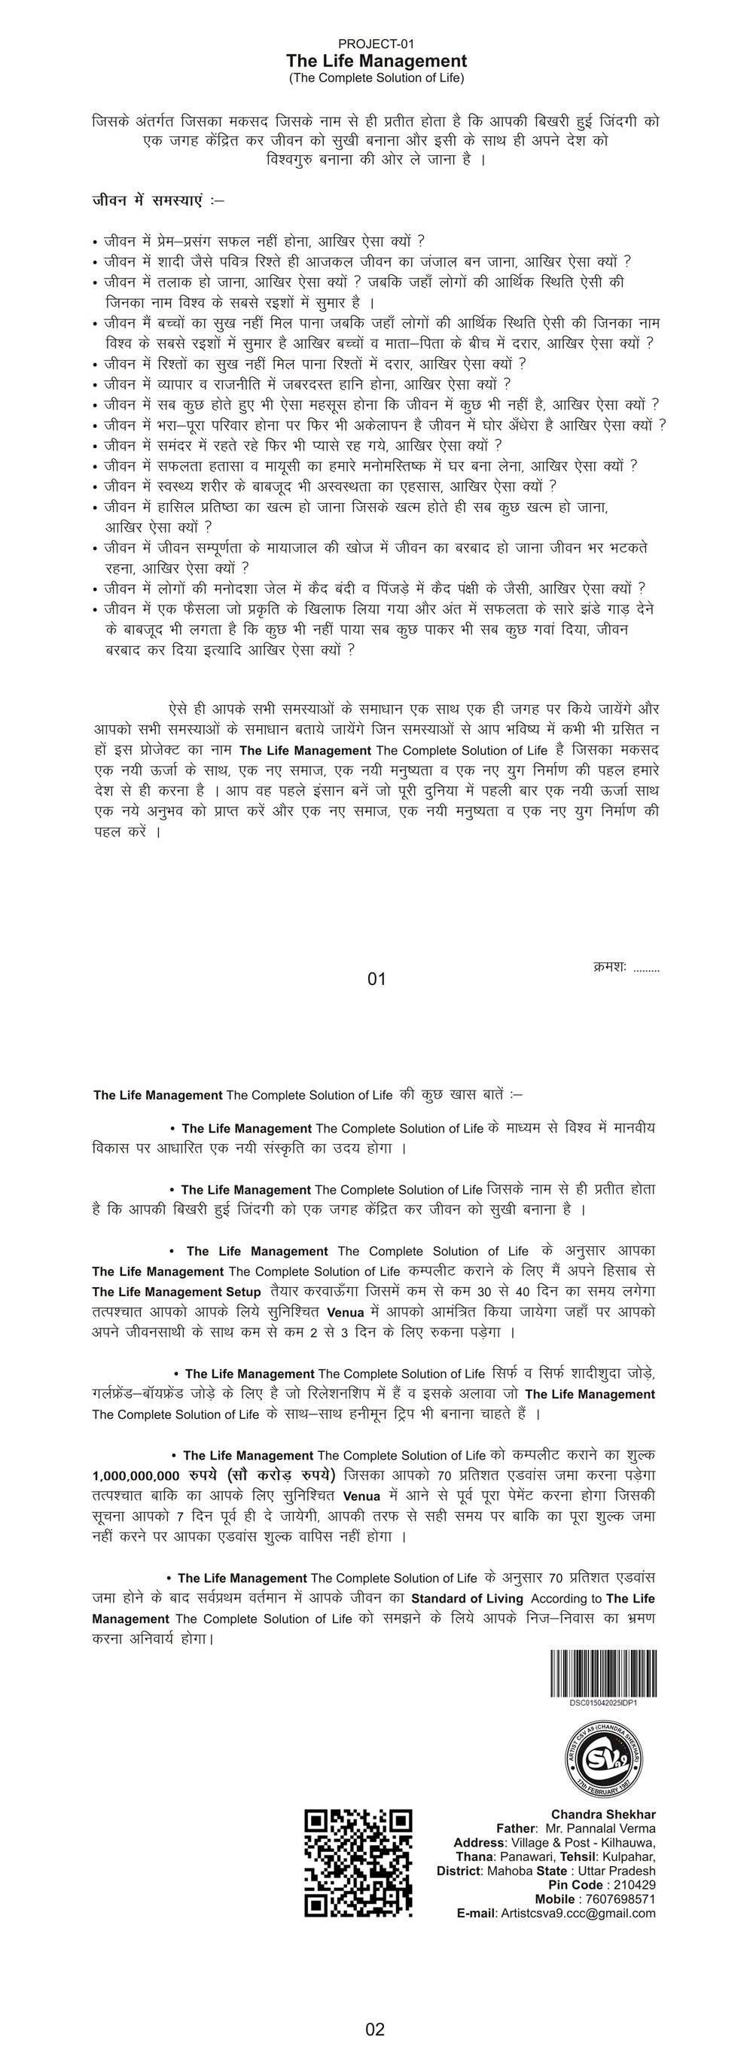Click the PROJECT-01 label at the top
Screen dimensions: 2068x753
[376, 44]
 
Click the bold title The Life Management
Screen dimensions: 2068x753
[376, 61]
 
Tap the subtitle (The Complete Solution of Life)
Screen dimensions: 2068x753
[376, 78]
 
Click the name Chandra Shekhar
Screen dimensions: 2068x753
[603, 1814]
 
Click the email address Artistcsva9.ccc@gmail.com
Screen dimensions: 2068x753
[578, 1913]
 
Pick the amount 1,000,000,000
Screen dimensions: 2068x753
[136, 1475]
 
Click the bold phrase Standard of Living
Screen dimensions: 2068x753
[467, 1598]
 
